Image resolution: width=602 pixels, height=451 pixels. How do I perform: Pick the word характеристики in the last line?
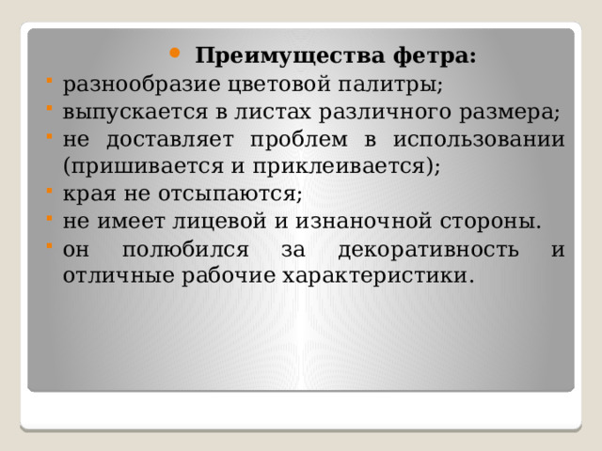pyautogui.click(x=389, y=276)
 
